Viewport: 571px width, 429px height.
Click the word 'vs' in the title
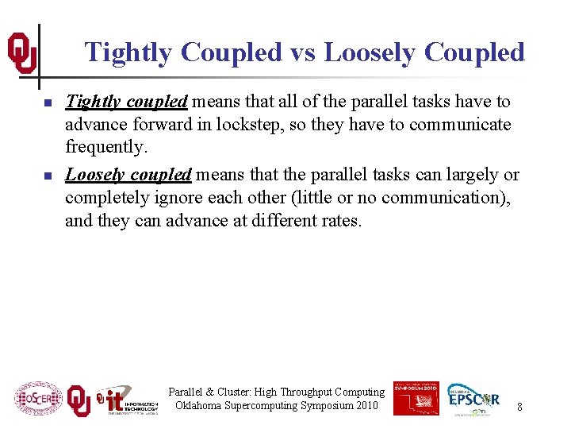coord(302,52)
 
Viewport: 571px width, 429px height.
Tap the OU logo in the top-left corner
coord(21,53)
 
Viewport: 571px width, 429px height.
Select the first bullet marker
coord(48,103)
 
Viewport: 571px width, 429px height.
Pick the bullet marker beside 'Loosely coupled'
coord(48,176)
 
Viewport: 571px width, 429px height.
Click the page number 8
coord(519,408)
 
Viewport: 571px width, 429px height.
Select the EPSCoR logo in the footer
coord(473,397)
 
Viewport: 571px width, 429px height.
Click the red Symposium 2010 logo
coord(416,397)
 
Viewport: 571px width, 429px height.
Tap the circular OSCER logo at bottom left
coord(38,398)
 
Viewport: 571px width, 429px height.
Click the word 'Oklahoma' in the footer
coord(201,406)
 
